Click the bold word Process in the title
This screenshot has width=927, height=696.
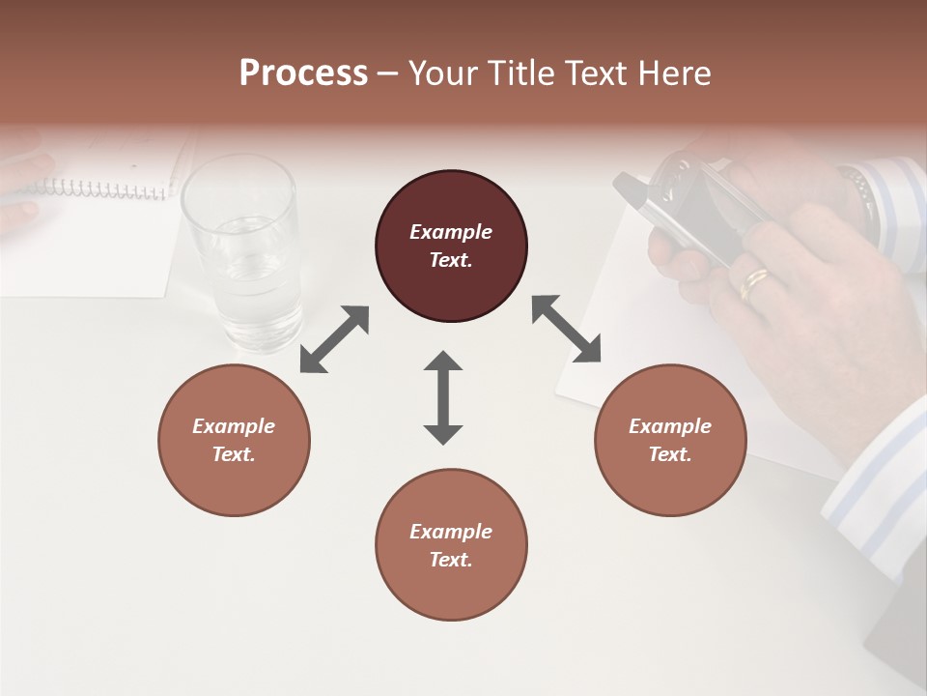click(x=303, y=73)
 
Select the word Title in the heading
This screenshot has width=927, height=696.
click(x=525, y=73)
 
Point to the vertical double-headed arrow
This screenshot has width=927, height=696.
click(x=443, y=397)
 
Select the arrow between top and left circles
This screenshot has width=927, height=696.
click(x=334, y=339)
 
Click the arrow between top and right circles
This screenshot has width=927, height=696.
click(x=566, y=329)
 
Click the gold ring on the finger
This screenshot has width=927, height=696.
click(x=754, y=283)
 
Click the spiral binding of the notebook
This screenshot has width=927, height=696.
click(x=106, y=188)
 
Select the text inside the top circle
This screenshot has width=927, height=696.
click(x=451, y=246)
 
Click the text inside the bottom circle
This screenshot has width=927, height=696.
click(x=451, y=545)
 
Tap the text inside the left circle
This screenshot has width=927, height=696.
click(x=234, y=440)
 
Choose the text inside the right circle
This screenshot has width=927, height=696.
click(x=670, y=440)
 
